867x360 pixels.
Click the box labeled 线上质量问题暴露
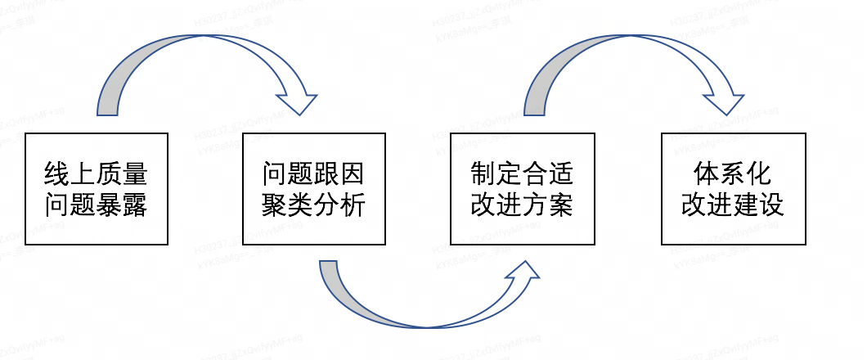[x=97, y=188]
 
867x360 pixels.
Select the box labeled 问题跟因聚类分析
[x=313, y=188]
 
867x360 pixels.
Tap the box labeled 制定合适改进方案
[x=522, y=188]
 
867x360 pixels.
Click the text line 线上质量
[x=97, y=174]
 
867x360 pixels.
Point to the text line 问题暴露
[x=97, y=205]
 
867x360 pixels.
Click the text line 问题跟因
[x=313, y=174]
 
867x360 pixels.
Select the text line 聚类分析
[x=313, y=205]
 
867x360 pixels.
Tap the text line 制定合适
[x=522, y=174]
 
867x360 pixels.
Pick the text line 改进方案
[x=522, y=205]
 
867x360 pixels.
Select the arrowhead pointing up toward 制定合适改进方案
[x=522, y=274]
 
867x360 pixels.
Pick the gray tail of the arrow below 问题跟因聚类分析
[x=329, y=270]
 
